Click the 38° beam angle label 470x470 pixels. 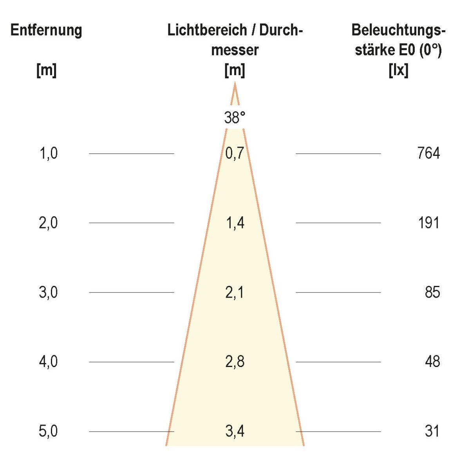(235, 117)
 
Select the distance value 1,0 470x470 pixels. (48, 153)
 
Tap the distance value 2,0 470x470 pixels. (48, 223)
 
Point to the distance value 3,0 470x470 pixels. (48, 292)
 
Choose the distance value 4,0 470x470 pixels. (48, 362)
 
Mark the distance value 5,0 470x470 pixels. (48, 431)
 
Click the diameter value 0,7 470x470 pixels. (235, 153)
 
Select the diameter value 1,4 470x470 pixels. (235, 223)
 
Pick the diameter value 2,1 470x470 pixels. (235, 292)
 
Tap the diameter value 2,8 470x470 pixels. (235, 362)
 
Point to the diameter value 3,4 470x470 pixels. (235, 431)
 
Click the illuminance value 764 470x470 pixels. (428, 153)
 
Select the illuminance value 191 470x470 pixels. (428, 223)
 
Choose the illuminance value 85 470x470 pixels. (432, 292)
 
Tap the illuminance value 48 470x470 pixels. (432, 362)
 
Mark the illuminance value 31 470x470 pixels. (432, 431)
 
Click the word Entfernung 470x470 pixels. (46, 30)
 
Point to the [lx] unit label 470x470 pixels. (398, 70)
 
